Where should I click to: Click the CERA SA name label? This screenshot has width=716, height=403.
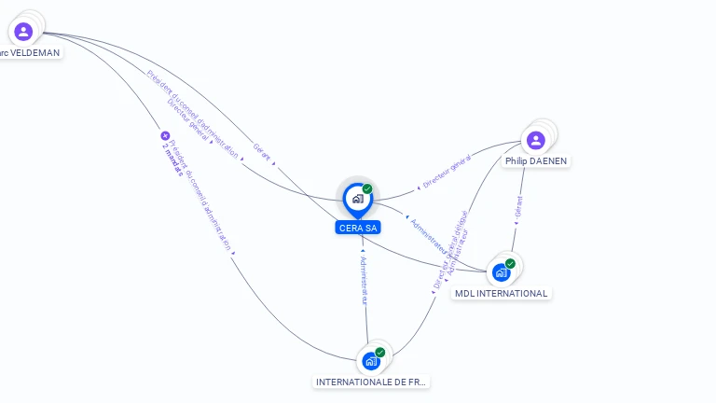coord(358,228)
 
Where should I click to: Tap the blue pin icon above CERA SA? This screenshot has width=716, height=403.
coord(357,199)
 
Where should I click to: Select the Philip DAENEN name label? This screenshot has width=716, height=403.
coord(536,160)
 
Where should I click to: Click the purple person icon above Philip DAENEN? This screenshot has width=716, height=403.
coord(535,140)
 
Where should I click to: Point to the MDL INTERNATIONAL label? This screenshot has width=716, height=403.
coord(501,293)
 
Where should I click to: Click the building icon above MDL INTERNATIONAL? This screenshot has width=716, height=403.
coord(502,272)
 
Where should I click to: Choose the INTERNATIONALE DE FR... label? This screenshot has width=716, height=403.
coord(372,382)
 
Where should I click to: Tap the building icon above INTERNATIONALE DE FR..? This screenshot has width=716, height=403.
coord(371,361)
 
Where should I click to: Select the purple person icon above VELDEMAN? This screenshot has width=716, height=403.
coord(23,32)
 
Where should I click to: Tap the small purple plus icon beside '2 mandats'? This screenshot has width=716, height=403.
coord(165,135)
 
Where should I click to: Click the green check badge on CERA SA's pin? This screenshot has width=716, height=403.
coord(367,188)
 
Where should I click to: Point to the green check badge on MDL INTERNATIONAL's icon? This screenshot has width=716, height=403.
coord(510,263)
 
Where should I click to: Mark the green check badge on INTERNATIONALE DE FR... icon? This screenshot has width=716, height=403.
coord(380,353)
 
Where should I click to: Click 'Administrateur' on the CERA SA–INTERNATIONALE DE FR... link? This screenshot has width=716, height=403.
coord(365,280)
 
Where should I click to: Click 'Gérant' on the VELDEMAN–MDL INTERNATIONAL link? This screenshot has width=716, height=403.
coord(262,153)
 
